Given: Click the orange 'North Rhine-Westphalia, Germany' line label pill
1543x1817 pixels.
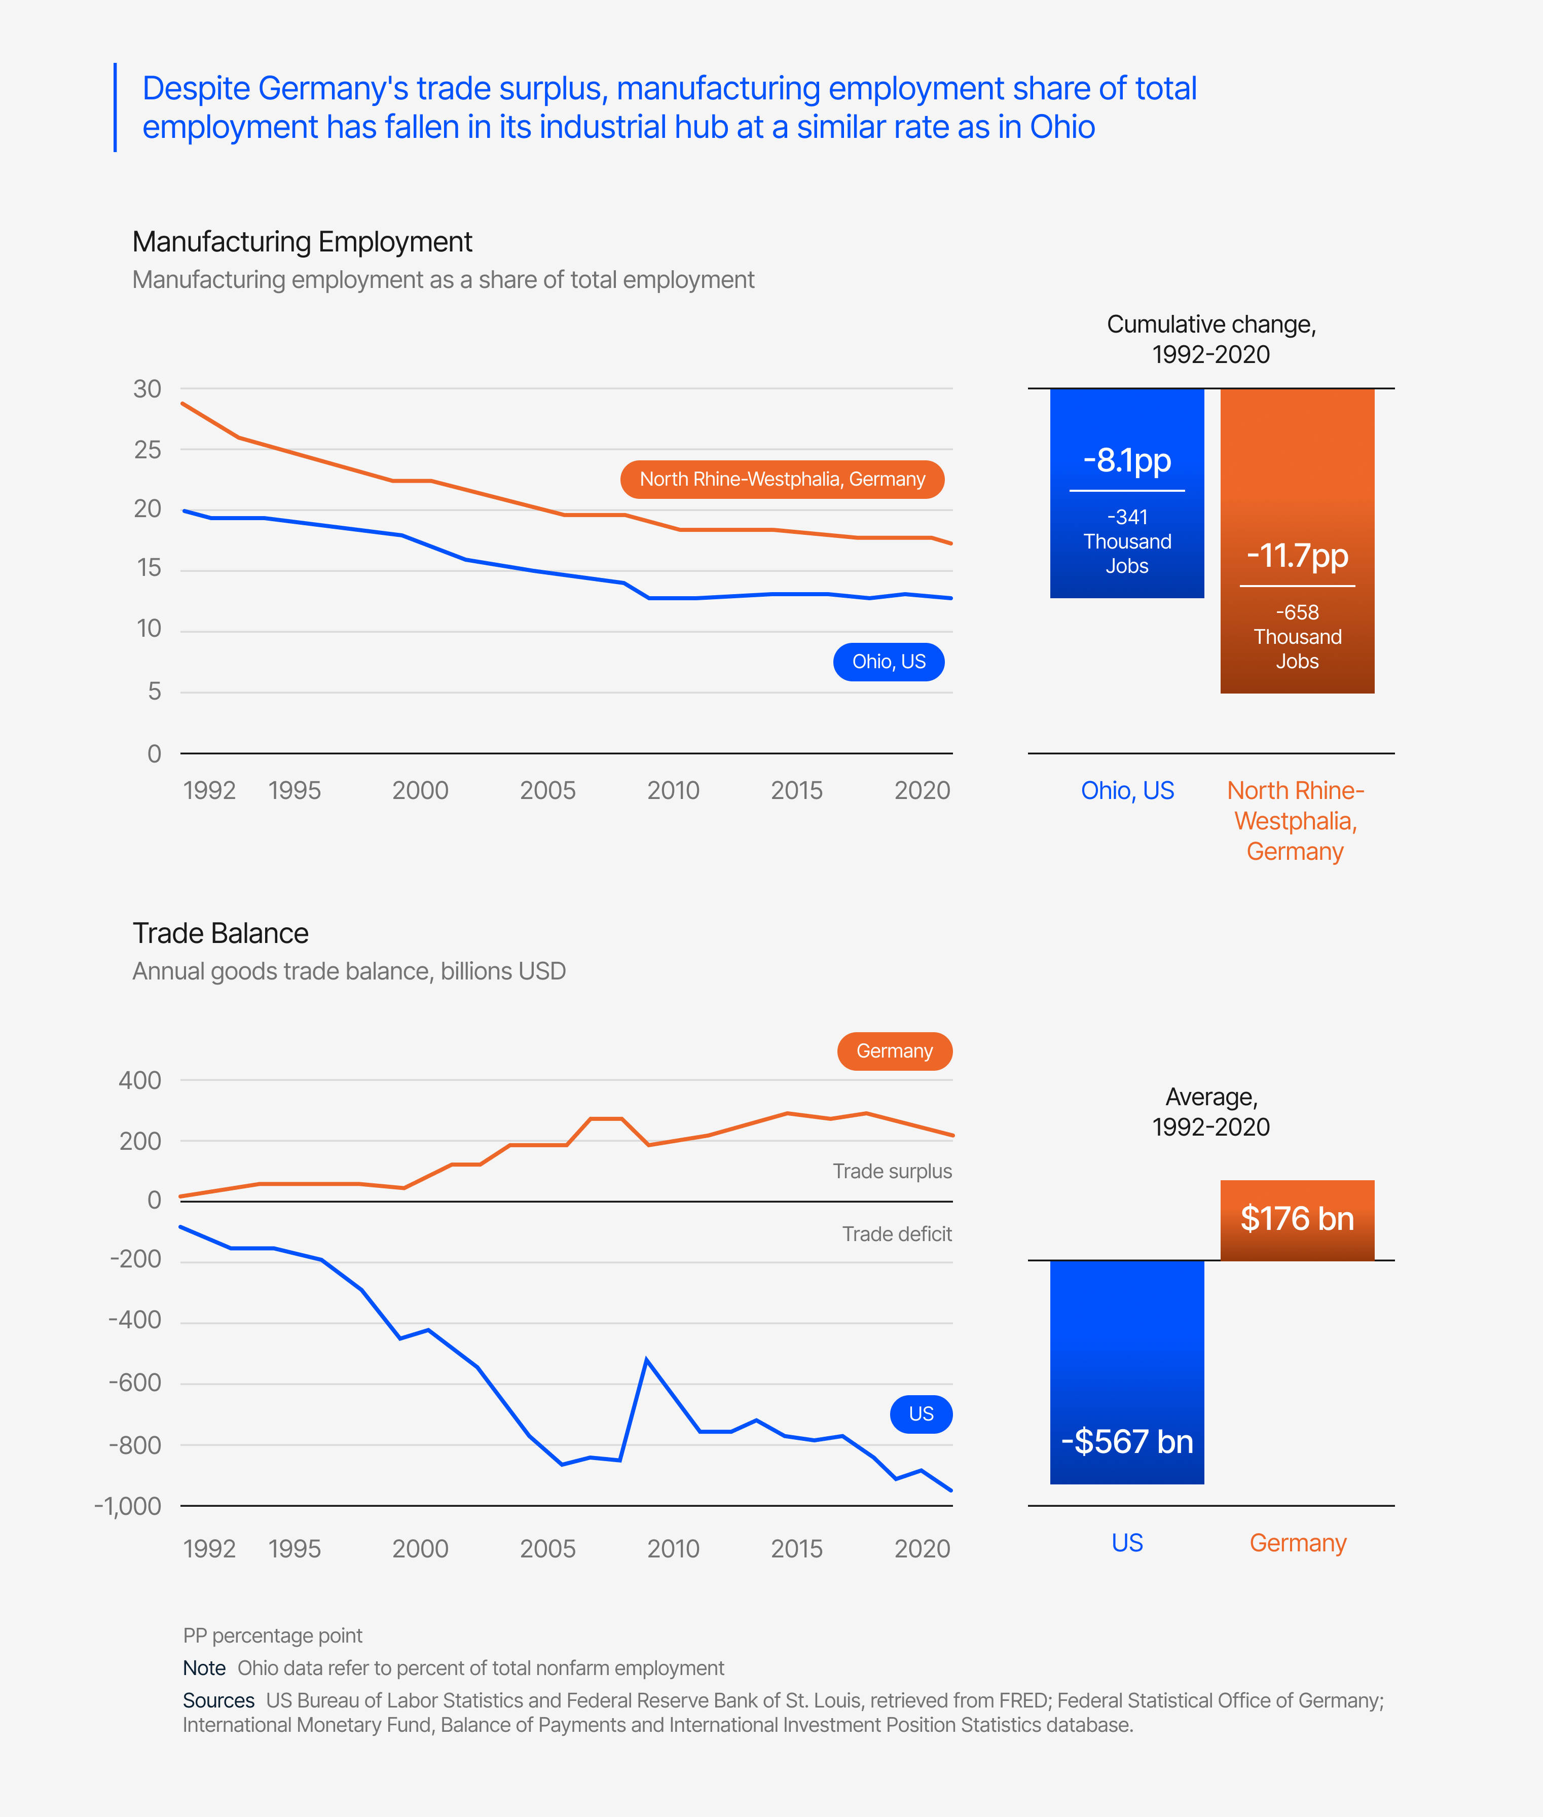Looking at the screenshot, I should (x=782, y=480).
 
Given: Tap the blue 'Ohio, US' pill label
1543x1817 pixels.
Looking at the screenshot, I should (x=888, y=662).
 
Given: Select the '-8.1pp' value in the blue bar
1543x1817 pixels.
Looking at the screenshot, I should (x=1127, y=460).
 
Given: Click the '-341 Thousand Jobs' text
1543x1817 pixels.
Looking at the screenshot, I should (x=1127, y=541).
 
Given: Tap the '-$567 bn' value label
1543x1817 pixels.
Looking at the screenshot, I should (x=1127, y=1441).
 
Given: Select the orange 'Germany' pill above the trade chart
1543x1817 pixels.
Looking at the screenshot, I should (x=894, y=1050).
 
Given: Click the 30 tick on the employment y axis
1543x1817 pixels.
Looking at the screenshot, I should (x=147, y=389).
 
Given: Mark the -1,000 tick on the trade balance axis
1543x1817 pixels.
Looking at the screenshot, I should (x=128, y=1506).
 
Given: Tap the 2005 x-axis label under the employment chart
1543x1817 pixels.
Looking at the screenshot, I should (x=547, y=791).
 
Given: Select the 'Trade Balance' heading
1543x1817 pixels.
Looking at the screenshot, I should (x=221, y=933).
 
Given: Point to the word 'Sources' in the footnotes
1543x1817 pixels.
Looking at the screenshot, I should (x=218, y=1700).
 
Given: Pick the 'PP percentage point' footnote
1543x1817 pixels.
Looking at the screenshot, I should (x=272, y=1636).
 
